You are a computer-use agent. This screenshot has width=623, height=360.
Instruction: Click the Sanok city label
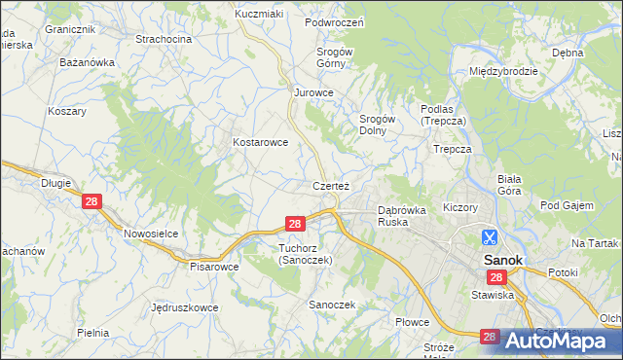click(504, 260)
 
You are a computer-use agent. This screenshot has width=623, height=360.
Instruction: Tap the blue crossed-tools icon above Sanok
click(490, 236)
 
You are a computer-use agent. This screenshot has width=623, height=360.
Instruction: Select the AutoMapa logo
click(564, 341)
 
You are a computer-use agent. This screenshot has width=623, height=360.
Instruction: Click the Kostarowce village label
click(260, 142)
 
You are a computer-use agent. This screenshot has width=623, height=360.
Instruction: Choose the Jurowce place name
click(314, 92)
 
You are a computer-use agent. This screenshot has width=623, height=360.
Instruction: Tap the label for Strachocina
click(164, 39)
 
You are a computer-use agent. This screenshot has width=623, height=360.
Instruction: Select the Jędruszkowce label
click(185, 307)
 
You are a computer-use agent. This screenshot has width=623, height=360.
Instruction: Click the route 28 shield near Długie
click(92, 201)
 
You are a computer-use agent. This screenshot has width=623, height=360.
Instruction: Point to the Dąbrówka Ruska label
click(402, 214)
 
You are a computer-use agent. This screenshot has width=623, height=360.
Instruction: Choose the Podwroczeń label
click(334, 22)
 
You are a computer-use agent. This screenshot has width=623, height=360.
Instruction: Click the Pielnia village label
click(92, 333)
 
